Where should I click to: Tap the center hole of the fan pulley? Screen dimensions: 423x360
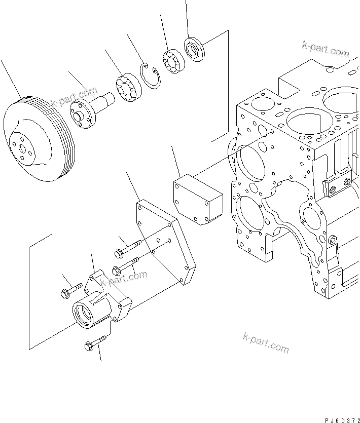(x=22, y=148)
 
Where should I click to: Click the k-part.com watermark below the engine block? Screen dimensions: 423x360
(x=266, y=343)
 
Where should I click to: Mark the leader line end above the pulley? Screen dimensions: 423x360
(x=1, y=61)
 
